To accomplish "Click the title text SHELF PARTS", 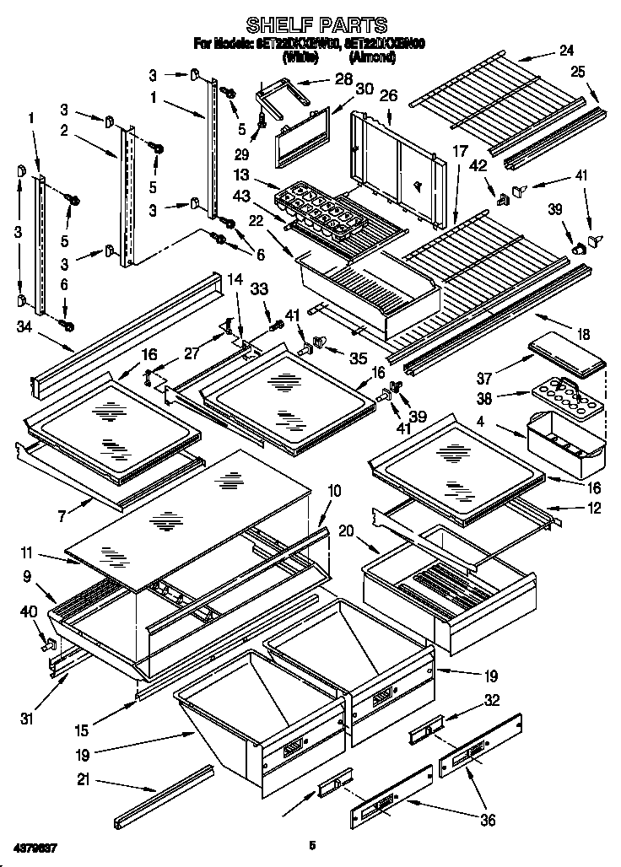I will click(317, 24).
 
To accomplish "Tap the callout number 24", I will click(565, 49).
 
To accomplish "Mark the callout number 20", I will click(344, 530).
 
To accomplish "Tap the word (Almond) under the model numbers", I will click(372, 57).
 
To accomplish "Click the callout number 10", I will click(334, 490).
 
